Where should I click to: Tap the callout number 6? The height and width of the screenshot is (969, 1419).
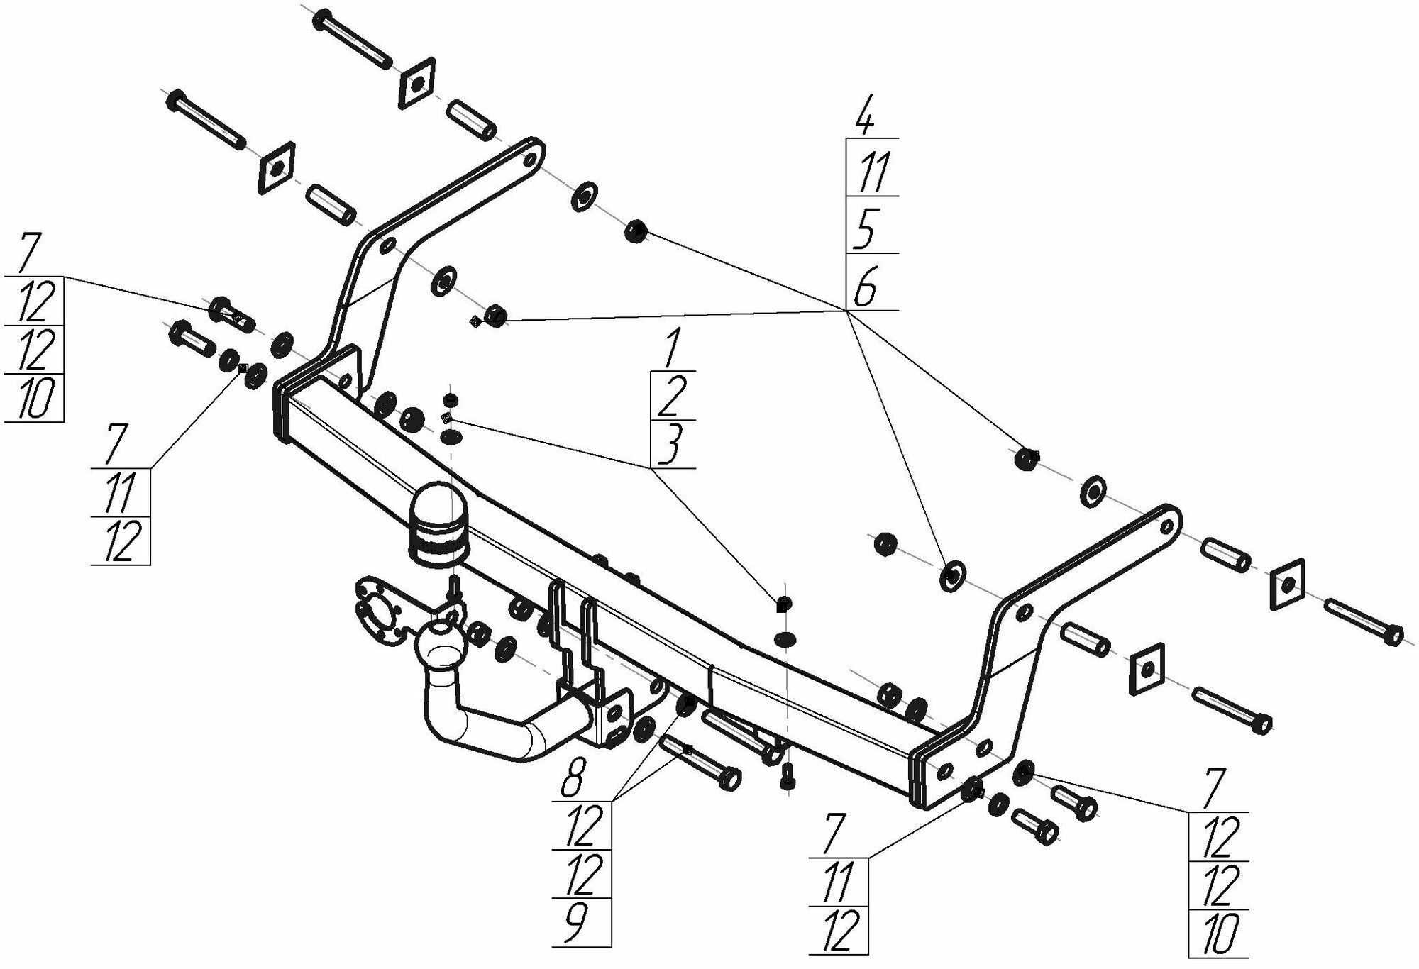[865, 285]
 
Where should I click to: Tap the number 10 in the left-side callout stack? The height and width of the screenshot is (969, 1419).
[32, 398]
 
